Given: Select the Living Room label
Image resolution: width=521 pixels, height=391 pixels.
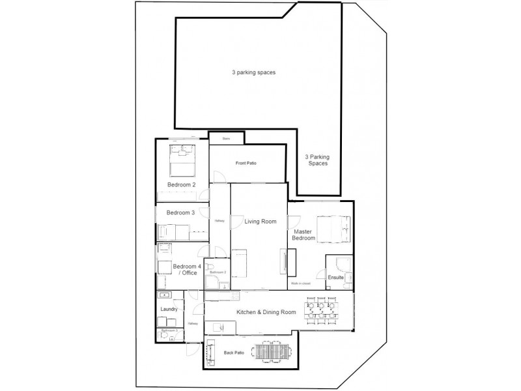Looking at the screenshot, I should [260, 222].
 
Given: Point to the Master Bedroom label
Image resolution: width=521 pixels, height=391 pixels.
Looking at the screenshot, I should [304, 235].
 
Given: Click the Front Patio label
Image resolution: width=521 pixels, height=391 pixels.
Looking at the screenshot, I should [246, 163].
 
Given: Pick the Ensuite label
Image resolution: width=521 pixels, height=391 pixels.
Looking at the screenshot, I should [335, 277].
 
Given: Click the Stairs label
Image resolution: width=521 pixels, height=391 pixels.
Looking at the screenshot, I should [227, 138].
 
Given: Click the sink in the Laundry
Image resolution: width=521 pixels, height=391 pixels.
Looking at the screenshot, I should [163, 295].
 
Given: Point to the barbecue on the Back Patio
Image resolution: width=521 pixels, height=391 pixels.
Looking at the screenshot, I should [211, 353].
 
